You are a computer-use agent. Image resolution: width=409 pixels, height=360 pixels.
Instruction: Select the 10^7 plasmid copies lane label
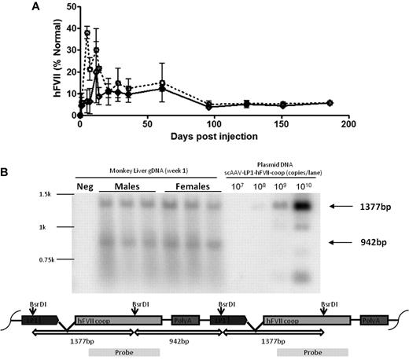(238, 187)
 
